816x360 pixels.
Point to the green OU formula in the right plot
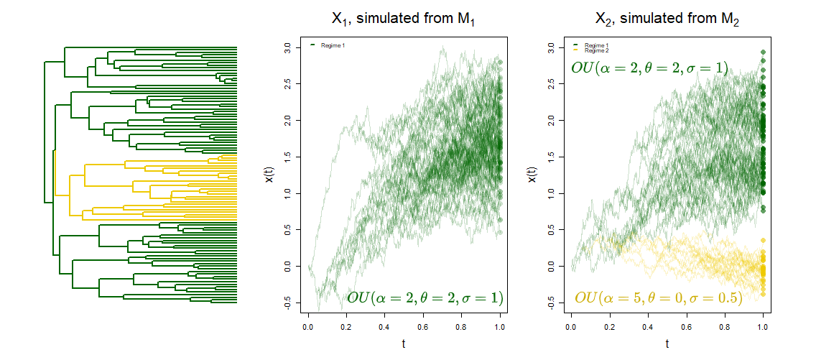[649, 68]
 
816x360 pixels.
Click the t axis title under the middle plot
[404, 344]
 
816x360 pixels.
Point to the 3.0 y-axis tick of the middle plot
[287, 47]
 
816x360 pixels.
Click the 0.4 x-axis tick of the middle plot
[385, 326]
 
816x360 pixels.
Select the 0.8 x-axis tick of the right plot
[725, 326]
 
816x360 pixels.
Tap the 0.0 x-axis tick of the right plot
[571, 326]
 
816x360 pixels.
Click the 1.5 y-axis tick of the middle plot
[287, 157]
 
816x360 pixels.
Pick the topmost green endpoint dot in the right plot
[763, 52]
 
